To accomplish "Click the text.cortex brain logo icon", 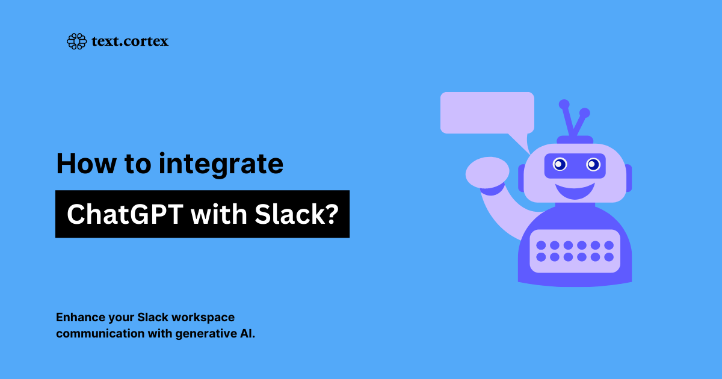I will click(x=76, y=41).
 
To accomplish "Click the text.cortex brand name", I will click(x=129, y=41).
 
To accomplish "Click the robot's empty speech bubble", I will click(x=487, y=112).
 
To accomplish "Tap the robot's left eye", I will click(x=560, y=164).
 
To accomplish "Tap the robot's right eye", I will click(x=593, y=164).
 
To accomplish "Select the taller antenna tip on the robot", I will click(x=564, y=104).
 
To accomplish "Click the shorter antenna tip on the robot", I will click(x=584, y=112).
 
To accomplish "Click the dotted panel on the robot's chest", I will click(x=575, y=251).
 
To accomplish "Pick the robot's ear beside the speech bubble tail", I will click(x=521, y=178).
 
